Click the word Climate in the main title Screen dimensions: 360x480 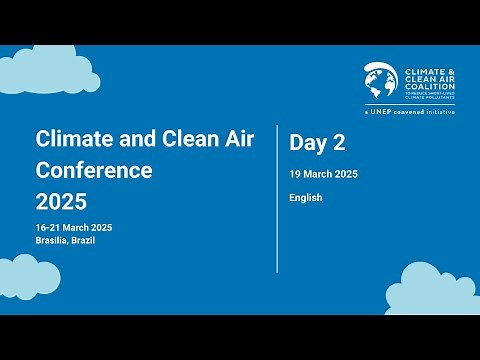tap(67, 138)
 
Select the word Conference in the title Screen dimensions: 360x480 tap(94, 170)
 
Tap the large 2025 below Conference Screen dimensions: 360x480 tap(61, 203)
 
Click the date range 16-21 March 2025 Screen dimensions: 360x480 tap(74, 228)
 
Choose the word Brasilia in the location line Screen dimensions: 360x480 tap(52, 242)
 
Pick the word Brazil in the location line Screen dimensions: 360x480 tap(90, 242)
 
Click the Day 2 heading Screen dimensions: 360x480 tap(311, 144)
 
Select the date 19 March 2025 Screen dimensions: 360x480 tap(323, 174)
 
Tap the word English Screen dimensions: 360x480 tap(306, 198)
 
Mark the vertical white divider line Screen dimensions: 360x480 tap(277, 198)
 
